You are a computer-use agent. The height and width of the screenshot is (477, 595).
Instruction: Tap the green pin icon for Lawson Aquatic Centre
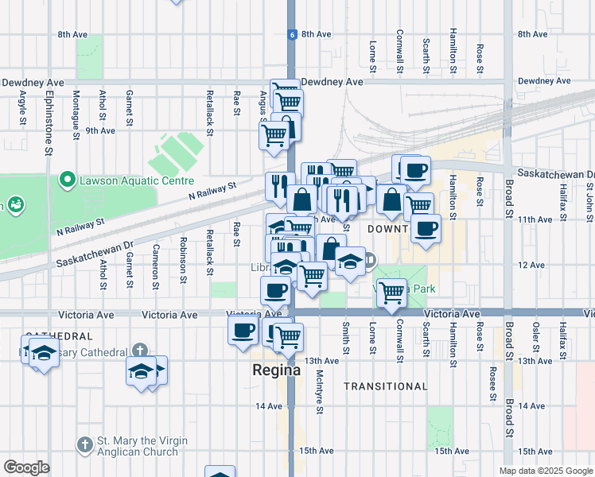(66, 180)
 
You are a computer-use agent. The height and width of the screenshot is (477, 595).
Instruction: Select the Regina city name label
(276, 370)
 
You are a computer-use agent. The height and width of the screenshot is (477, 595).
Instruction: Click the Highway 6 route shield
(292, 34)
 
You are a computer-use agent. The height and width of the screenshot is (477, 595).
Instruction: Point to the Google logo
(26, 467)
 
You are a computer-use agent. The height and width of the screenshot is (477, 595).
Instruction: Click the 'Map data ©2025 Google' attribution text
(545, 471)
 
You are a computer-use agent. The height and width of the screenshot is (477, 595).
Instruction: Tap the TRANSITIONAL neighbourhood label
(386, 386)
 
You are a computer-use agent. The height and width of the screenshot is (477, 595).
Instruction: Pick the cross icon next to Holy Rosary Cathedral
(139, 351)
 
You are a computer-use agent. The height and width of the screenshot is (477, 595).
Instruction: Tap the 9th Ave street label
(100, 130)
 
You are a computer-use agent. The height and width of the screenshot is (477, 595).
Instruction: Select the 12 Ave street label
(531, 265)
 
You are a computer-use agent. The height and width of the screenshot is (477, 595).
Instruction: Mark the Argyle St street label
(22, 104)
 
